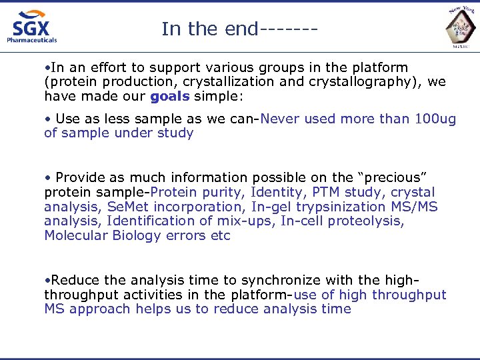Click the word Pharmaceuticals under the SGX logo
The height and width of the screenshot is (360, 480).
click(x=32, y=40)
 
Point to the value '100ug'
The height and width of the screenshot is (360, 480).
click(x=435, y=119)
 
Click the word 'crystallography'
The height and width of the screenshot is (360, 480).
click(x=361, y=82)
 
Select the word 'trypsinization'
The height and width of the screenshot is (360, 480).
click(x=346, y=207)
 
